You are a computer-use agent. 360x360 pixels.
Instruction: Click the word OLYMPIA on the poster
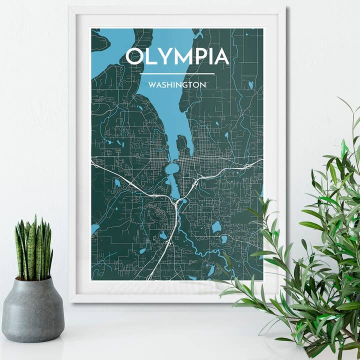click(177, 56)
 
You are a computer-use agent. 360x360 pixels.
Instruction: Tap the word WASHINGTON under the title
click(177, 85)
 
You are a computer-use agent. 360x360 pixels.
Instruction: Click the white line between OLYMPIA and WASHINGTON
click(177, 74)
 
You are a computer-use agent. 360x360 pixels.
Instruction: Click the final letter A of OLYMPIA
click(220, 56)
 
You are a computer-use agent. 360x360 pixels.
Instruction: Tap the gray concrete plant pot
click(33, 310)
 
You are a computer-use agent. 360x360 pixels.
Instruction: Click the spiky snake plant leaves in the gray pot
click(34, 247)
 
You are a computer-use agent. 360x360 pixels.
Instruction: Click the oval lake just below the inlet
click(172, 169)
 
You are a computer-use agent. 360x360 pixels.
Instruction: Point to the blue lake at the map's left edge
click(95, 229)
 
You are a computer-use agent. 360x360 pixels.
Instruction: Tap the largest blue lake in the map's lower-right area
click(216, 227)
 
